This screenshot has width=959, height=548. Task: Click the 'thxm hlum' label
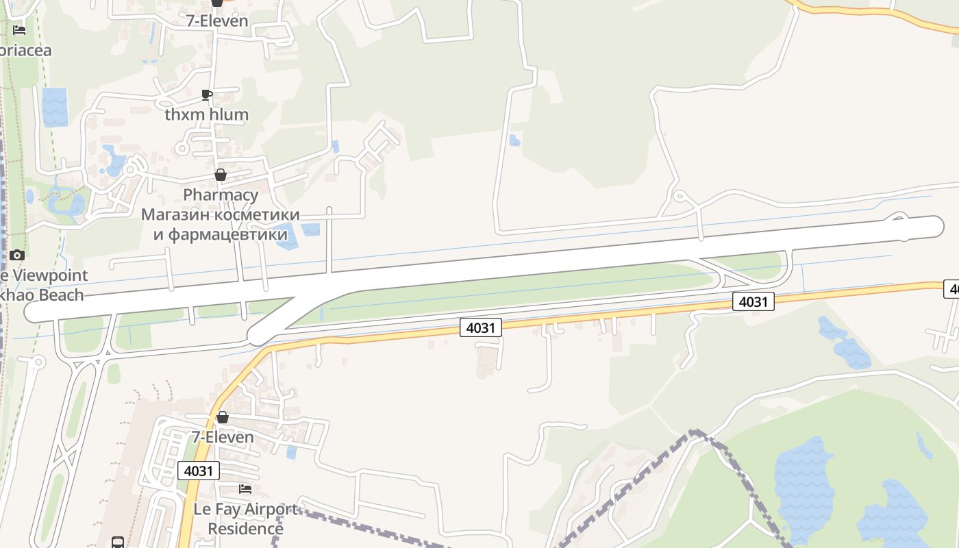click(206, 114)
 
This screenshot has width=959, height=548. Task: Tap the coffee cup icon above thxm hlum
click(207, 95)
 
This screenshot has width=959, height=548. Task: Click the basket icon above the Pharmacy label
click(221, 175)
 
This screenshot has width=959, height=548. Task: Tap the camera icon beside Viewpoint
click(17, 256)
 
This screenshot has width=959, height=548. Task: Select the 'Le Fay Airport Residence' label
click(245, 519)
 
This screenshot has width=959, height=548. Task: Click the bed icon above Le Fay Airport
click(245, 489)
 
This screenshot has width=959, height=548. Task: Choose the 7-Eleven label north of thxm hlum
click(217, 21)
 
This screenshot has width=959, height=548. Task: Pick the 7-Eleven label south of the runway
click(222, 437)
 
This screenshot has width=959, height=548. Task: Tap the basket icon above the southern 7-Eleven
click(222, 417)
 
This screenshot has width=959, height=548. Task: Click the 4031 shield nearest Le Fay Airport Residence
click(199, 471)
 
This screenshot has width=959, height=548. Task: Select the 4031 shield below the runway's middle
click(480, 327)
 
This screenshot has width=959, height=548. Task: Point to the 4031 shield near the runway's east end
click(753, 301)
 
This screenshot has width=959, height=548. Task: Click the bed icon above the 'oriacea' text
click(19, 30)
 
